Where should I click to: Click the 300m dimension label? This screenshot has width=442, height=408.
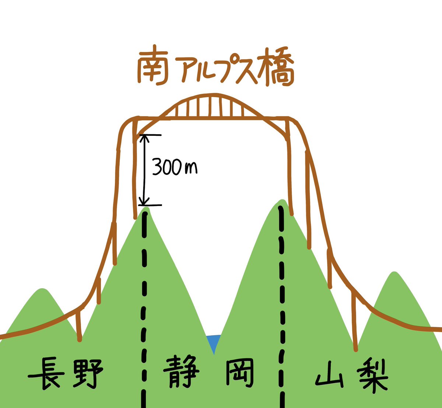175,168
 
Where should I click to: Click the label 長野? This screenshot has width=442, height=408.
66,373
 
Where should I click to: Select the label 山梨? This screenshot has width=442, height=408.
352,375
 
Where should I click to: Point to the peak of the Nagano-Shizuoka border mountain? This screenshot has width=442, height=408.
146,209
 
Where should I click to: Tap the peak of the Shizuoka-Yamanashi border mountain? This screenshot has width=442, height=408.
282,201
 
